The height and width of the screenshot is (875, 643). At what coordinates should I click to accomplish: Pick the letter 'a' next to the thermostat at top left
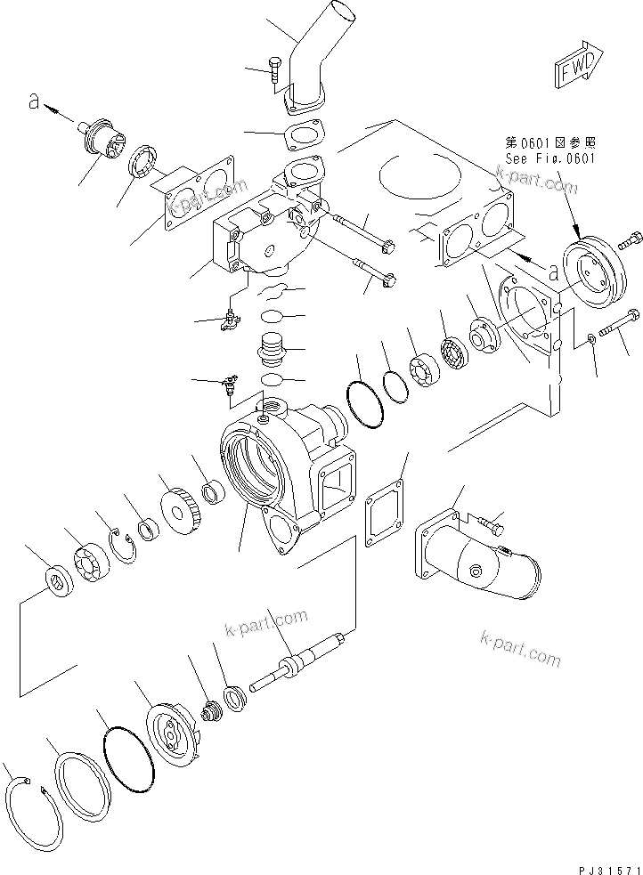click(34, 103)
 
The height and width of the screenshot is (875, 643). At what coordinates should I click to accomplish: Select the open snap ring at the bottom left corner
click(30, 814)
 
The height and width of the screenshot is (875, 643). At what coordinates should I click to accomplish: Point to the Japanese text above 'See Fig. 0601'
click(550, 142)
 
